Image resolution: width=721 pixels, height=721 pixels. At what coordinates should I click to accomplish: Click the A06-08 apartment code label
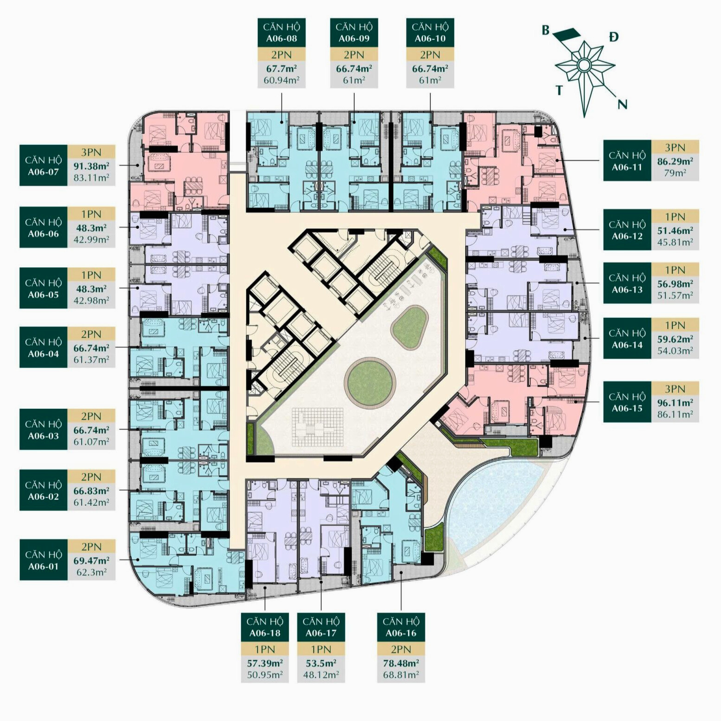[x=281, y=39]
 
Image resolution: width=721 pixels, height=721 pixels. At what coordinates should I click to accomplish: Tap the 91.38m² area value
[x=91, y=166]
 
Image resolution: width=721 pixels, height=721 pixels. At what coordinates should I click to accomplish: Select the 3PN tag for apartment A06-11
[x=675, y=147]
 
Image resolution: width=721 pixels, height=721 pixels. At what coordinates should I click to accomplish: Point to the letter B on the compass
[x=546, y=30]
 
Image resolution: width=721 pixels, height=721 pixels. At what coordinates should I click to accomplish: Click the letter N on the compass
[x=622, y=104]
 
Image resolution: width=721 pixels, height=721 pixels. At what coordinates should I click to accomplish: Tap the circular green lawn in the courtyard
[x=370, y=381]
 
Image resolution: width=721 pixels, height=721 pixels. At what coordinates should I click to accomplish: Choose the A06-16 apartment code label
[x=401, y=633]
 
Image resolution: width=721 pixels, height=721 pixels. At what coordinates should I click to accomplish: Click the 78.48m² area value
[x=401, y=663]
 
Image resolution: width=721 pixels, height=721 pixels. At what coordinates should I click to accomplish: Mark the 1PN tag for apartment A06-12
[x=675, y=216]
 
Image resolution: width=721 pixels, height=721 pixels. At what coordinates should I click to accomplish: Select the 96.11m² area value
[x=675, y=403]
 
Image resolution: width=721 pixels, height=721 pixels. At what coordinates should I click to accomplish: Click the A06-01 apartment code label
[x=43, y=566]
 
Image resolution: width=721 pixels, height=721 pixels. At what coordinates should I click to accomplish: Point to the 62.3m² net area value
[x=91, y=572]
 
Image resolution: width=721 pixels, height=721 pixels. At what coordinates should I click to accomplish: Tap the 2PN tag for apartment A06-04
[x=91, y=334]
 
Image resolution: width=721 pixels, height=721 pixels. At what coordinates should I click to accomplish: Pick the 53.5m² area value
[x=321, y=663]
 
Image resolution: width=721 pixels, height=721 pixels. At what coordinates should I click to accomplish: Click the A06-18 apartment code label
[x=265, y=633]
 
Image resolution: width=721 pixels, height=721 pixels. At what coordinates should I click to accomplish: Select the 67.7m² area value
[x=281, y=68]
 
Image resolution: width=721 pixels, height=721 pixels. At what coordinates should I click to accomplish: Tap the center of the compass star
[x=584, y=65]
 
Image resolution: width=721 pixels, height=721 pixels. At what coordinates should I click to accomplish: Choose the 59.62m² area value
[x=675, y=339]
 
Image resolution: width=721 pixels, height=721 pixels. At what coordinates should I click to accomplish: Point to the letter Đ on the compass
[x=614, y=37]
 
